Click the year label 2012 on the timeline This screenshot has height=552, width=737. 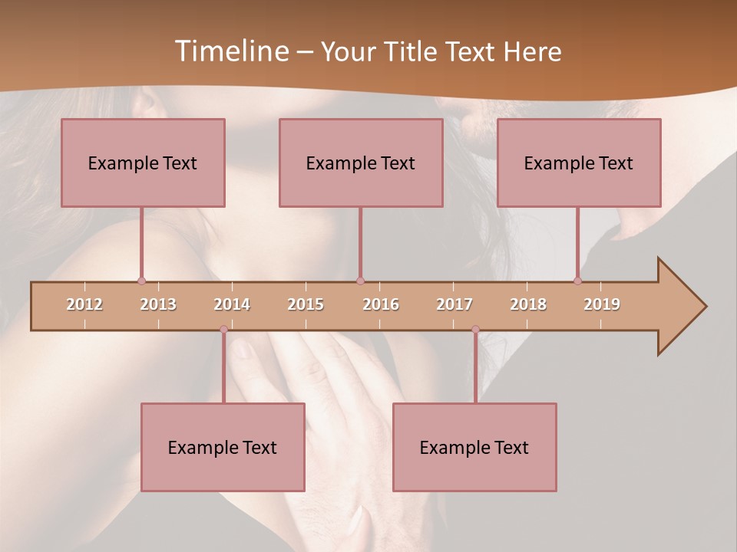pyautogui.click(x=84, y=304)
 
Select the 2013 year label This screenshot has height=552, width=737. pyautogui.click(x=158, y=304)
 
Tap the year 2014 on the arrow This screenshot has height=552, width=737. pyautogui.click(x=232, y=304)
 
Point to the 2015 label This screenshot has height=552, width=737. pyautogui.click(x=306, y=304)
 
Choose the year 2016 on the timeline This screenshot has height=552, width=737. pyautogui.click(x=381, y=304)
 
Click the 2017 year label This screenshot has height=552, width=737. pyautogui.click(x=454, y=304)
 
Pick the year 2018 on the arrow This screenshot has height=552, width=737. pyautogui.click(x=528, y=304)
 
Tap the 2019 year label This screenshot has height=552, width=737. pyautogui.click(x=602, y=304)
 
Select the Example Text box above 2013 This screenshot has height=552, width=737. pyautogui.click(x=143, y=163)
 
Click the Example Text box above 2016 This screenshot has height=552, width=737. pyautogui.click(x=361, y=163)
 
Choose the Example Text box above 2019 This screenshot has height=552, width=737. pyautogui.click(x=579, y=163)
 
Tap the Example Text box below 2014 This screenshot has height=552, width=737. pyautogui.click(x=223, y=448)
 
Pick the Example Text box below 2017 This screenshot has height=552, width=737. pyautogui.click(x=474, y=448)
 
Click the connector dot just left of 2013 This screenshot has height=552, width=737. pyautogui.click(x=141, y=281)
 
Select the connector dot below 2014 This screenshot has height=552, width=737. pyautogui.click(x=223, y=330)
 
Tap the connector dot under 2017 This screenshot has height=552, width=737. pyautogui.click(x=475, y=330)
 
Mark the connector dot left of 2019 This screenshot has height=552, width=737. pyautogui.click(x=577, y=281)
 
